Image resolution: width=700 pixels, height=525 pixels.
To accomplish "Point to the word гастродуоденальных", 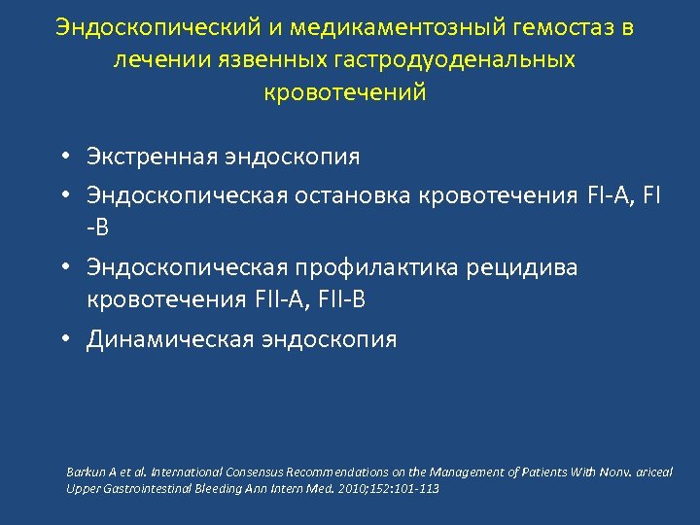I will pyautogui.click(x=456, y=60).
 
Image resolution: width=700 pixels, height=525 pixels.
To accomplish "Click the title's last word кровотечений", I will pyautogui.click(x=345, y=92).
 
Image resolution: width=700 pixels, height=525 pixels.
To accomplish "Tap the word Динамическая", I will pyautogui.click(x=169, y=339).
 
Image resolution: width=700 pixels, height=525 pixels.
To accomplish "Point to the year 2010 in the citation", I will pyautogui.click(x=350, y=488).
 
